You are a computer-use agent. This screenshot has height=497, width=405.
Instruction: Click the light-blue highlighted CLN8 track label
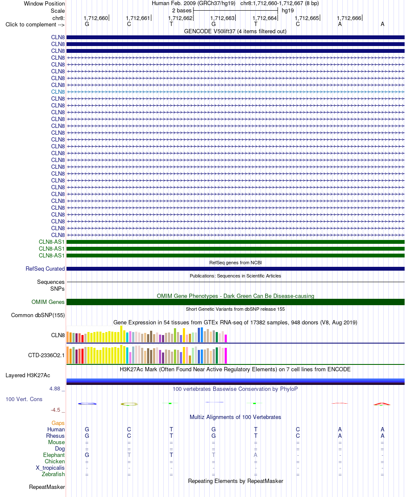58,92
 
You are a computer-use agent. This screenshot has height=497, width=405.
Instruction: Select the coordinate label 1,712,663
223,18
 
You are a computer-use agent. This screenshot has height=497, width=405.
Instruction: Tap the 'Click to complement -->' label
35,24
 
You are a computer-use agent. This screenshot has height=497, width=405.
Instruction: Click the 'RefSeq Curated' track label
45,269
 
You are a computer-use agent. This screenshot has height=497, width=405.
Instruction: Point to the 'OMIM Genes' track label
48,302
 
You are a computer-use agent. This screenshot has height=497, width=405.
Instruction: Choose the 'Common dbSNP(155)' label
38,315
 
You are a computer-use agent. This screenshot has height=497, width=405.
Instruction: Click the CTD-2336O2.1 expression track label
46,355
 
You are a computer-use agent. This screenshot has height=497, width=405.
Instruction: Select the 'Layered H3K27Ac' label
28,375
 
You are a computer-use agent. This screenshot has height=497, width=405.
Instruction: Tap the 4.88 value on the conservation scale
55,389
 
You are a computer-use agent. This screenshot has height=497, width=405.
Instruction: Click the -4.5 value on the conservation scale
55,410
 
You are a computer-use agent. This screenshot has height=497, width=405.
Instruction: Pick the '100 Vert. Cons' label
24,399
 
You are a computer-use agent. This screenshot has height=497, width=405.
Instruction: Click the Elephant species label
54,455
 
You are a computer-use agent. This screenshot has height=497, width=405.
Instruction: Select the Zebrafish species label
53,474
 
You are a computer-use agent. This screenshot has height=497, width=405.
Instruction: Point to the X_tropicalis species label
50,468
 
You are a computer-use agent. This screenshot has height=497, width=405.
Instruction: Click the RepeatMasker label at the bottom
47,487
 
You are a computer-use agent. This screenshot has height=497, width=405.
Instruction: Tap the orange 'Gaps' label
58,423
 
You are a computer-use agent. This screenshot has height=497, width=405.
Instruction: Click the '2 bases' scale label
182,11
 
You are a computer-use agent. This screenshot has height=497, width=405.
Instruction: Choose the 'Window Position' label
44,3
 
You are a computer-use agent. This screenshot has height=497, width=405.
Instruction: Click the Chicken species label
55,462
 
